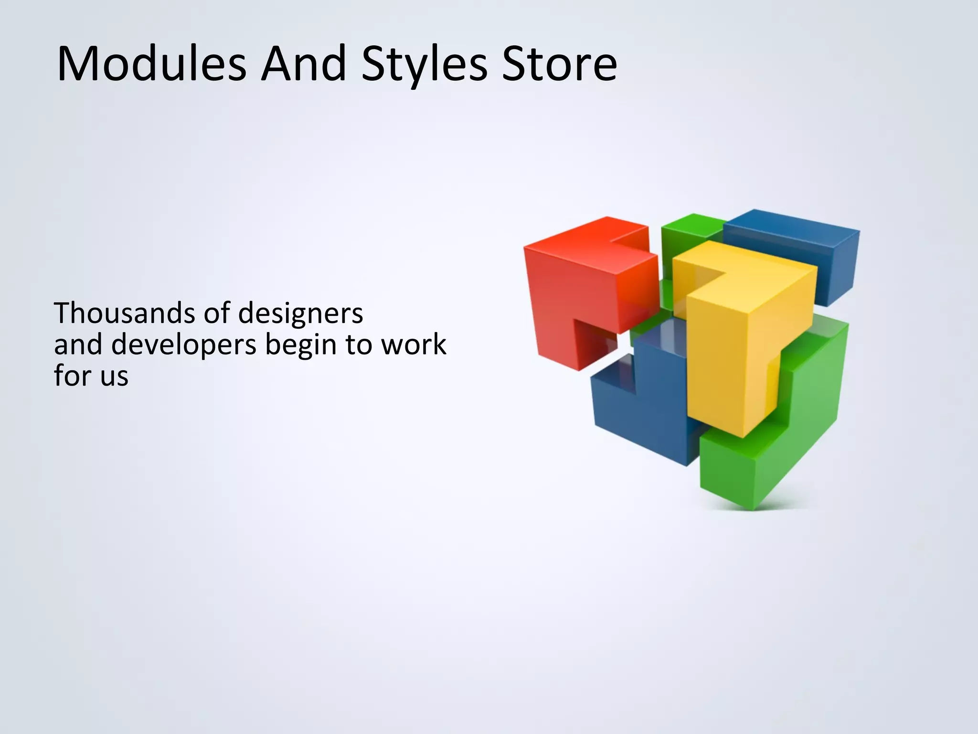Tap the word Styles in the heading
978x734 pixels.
point(424,65)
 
